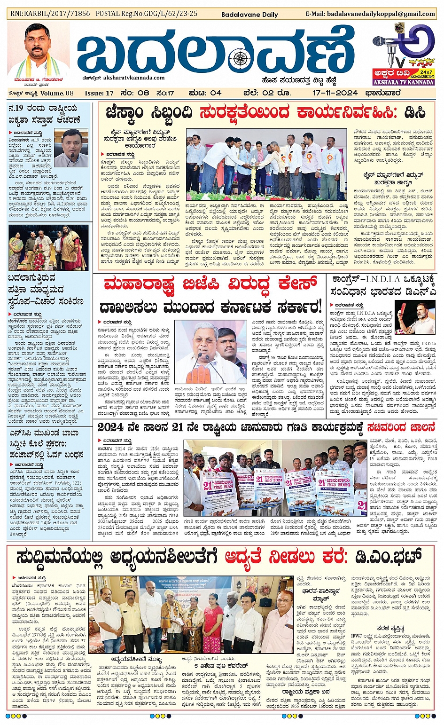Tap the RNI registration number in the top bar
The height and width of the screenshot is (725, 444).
[x=50, y=14]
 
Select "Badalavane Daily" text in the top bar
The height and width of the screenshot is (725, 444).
[x=249, y=15]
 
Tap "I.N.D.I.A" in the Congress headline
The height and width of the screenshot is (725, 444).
[x=378, y=279]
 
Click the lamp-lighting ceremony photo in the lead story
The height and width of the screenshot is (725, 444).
[x=266, y=165]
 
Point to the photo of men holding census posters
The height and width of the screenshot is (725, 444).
[x=275, y=477]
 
